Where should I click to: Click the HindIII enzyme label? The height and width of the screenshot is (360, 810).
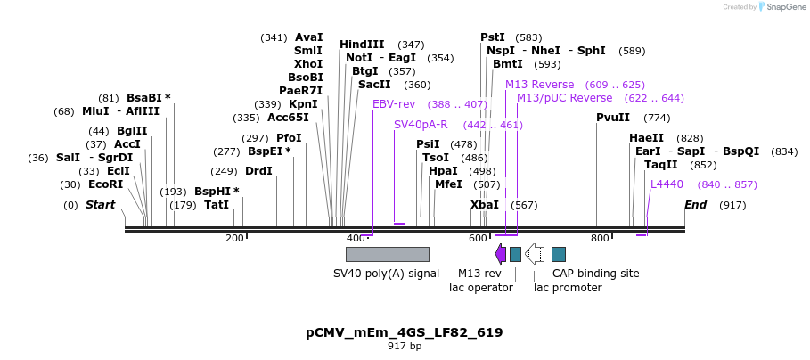pyautogui.click(x=362, y=45)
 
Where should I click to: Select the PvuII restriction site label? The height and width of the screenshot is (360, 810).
pyautogui.click(x=613, y=118)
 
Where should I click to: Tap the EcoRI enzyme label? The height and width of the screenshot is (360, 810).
pyautogui.click(x=104, y=184)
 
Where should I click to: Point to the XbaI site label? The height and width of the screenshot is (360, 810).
pyautogui.click(x=485, y=205)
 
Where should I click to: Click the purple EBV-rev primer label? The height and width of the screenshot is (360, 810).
pyautogui.click(x=394, y=104)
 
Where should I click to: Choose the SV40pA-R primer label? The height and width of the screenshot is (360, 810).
pyautogui.click(x=421, y=125)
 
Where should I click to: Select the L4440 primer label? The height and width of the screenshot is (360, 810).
pyautogui.click(x=667, y=184)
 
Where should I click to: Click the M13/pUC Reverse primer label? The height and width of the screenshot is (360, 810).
pyautogui.click(x=565, y=98)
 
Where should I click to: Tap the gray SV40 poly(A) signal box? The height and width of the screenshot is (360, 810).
pyautogui.click(x=387, y=255)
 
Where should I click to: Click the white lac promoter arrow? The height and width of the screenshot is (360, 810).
pyautogui.click(x=535, y=255)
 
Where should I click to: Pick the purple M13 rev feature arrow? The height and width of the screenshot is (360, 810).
pyautogui.click(x=501, y=255)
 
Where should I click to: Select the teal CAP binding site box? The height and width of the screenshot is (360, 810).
pyautogui.click(x=559, y=255)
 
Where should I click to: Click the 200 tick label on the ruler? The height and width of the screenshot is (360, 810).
pyautogui.click(x=234, y=238)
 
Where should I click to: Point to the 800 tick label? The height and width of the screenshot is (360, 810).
pyautogui.click(x=600, y=238)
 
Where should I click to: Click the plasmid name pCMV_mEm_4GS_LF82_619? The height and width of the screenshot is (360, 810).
pyautogui.click(x=404, y=332)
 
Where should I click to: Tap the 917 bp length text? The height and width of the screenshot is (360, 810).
pyautogui.click(x=404, y=346)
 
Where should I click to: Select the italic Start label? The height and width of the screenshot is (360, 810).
pyautogui.click(x=101, y=205)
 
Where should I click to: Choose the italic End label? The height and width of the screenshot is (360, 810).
pyautogui.click(x=695, y=205)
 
